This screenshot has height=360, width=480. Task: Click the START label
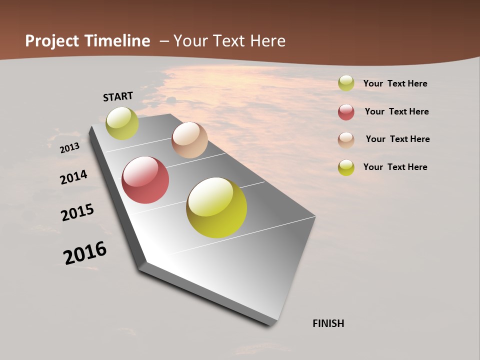(118, 96)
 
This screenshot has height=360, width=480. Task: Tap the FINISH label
(328, 323)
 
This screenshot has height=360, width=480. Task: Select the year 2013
(69, 148)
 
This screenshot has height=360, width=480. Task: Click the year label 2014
(73, 177)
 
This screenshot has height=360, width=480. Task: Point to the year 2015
(77, 212)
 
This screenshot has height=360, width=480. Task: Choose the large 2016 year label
(85, 252)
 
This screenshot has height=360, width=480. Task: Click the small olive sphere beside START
(122, 123)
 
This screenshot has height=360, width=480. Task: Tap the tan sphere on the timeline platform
(189, 140)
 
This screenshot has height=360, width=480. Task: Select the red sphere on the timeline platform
(145, 180)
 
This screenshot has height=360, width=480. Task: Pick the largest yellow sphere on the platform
(216, 207)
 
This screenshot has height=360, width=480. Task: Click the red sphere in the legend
(346, 112)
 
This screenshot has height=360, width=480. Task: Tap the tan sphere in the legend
(346, 140)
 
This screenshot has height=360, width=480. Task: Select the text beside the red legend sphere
(396, 111)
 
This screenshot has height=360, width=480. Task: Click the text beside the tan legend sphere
(397, 139)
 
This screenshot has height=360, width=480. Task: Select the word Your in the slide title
(189, 41)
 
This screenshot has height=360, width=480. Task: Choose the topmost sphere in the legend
(346, 83)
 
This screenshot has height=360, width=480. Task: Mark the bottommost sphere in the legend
(346, 167)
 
